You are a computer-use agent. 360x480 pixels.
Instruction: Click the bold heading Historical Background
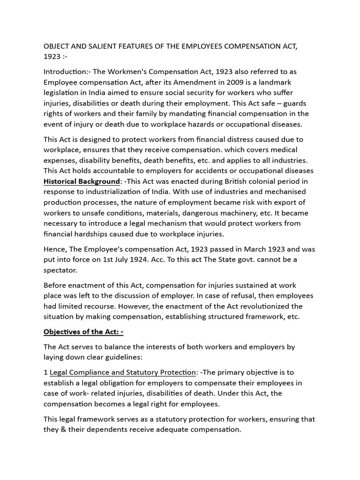pyautogui.click(x=82, y=181)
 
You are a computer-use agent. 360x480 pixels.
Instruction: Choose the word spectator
pyautogui.click(x=60, y=270)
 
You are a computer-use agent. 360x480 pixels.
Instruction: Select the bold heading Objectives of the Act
pyautogui.click(x=83, y=332)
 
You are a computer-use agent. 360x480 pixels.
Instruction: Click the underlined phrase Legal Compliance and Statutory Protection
pyautogui.click(x=122, y=372)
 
